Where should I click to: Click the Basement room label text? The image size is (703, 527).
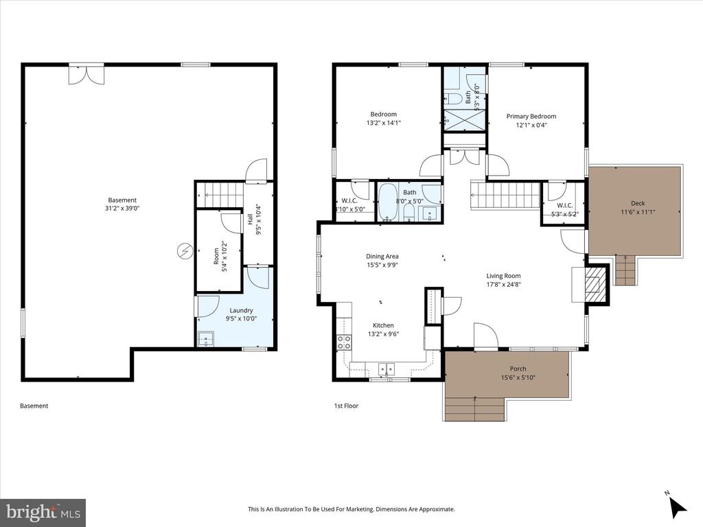122,200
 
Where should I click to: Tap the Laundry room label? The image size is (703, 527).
241,310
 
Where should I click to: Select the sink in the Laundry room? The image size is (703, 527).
205,338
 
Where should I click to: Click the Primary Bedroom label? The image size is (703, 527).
531,117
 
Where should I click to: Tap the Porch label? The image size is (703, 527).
518,369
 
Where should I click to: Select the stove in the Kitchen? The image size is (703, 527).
344,342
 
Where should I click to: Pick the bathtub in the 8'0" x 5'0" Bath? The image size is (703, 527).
387,203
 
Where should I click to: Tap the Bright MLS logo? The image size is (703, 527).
43,512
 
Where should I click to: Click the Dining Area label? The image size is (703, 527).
382,257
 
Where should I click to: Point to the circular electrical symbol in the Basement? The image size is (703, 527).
185,251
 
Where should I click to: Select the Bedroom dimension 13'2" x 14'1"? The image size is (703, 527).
383,124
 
